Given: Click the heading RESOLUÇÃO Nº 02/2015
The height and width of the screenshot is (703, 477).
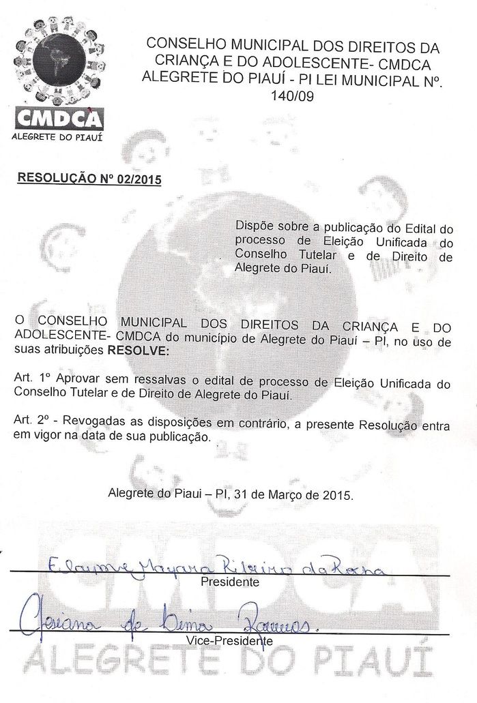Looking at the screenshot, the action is pyautogui.click(x=89, y=178).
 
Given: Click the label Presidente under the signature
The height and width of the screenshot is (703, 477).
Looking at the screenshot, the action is pyautogui.click(x=230, y=582).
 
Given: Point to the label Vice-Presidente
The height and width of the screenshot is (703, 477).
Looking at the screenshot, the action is pyautogui.click(x=229, y=641).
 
